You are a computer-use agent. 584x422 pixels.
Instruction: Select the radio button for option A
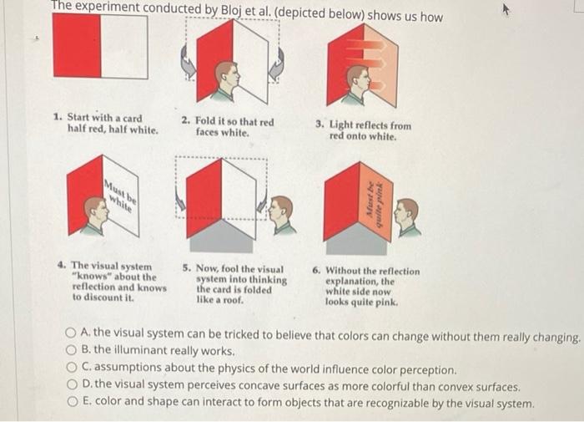click(70, 333)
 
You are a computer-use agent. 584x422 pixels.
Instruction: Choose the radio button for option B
click(71, 350)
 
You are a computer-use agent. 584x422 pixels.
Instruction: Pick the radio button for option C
click(72, 368)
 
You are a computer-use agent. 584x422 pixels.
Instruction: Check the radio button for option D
click(72, 384)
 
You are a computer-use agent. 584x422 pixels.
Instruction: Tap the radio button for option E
click(73, 401)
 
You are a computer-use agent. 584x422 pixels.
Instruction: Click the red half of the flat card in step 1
click(77, 45)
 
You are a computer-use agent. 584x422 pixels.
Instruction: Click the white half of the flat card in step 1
click(124, 47)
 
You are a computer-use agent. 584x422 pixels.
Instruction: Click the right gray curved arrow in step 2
click(277, 64)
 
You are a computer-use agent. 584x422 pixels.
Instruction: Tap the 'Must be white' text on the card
click(120, 196)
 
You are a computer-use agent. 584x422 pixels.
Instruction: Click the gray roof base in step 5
click(222, 236)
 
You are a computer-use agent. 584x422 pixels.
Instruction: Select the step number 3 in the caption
click(320, 124)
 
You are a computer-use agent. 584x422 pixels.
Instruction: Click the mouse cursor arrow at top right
click(506, 11)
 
